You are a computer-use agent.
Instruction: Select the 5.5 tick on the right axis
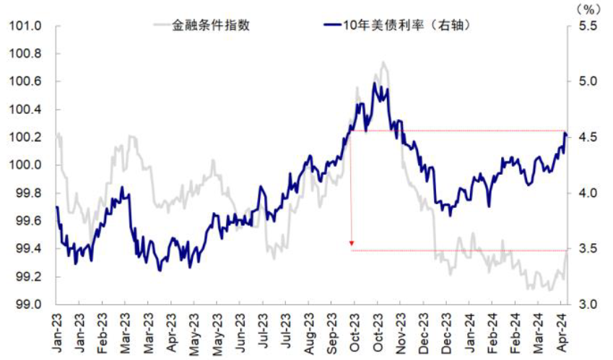pyautogui.click(x=588, y=26)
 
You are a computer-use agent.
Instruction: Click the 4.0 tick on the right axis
pyautogui.click(x=588, y=193)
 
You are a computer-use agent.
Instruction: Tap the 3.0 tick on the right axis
pyautogui.click(x=588, y=304)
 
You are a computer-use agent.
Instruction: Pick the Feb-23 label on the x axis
pyautogui.click(x=103, y=333)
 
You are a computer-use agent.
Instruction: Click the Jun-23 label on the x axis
pyautogui.click(x=240, y=333)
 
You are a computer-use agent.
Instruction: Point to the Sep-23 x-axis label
pyautogui.click(x=332, y=333)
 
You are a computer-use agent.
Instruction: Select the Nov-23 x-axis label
pyautogui.click(x=401, y=333)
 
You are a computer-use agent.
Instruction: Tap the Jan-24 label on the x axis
pyautogui.click(x=470, y=333)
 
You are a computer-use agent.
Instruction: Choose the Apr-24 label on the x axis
pyautogui.click(x=562, y=333)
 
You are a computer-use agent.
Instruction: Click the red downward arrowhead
pyautogui.click(x=351, y=244)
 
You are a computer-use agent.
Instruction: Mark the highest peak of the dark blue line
pyautogui.click(x=374, y=83)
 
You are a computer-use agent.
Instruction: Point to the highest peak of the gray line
pyautogui.click(x=383, y=62)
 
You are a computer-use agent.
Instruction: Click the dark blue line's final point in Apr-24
pyautogui.click(x=566, y=135)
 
